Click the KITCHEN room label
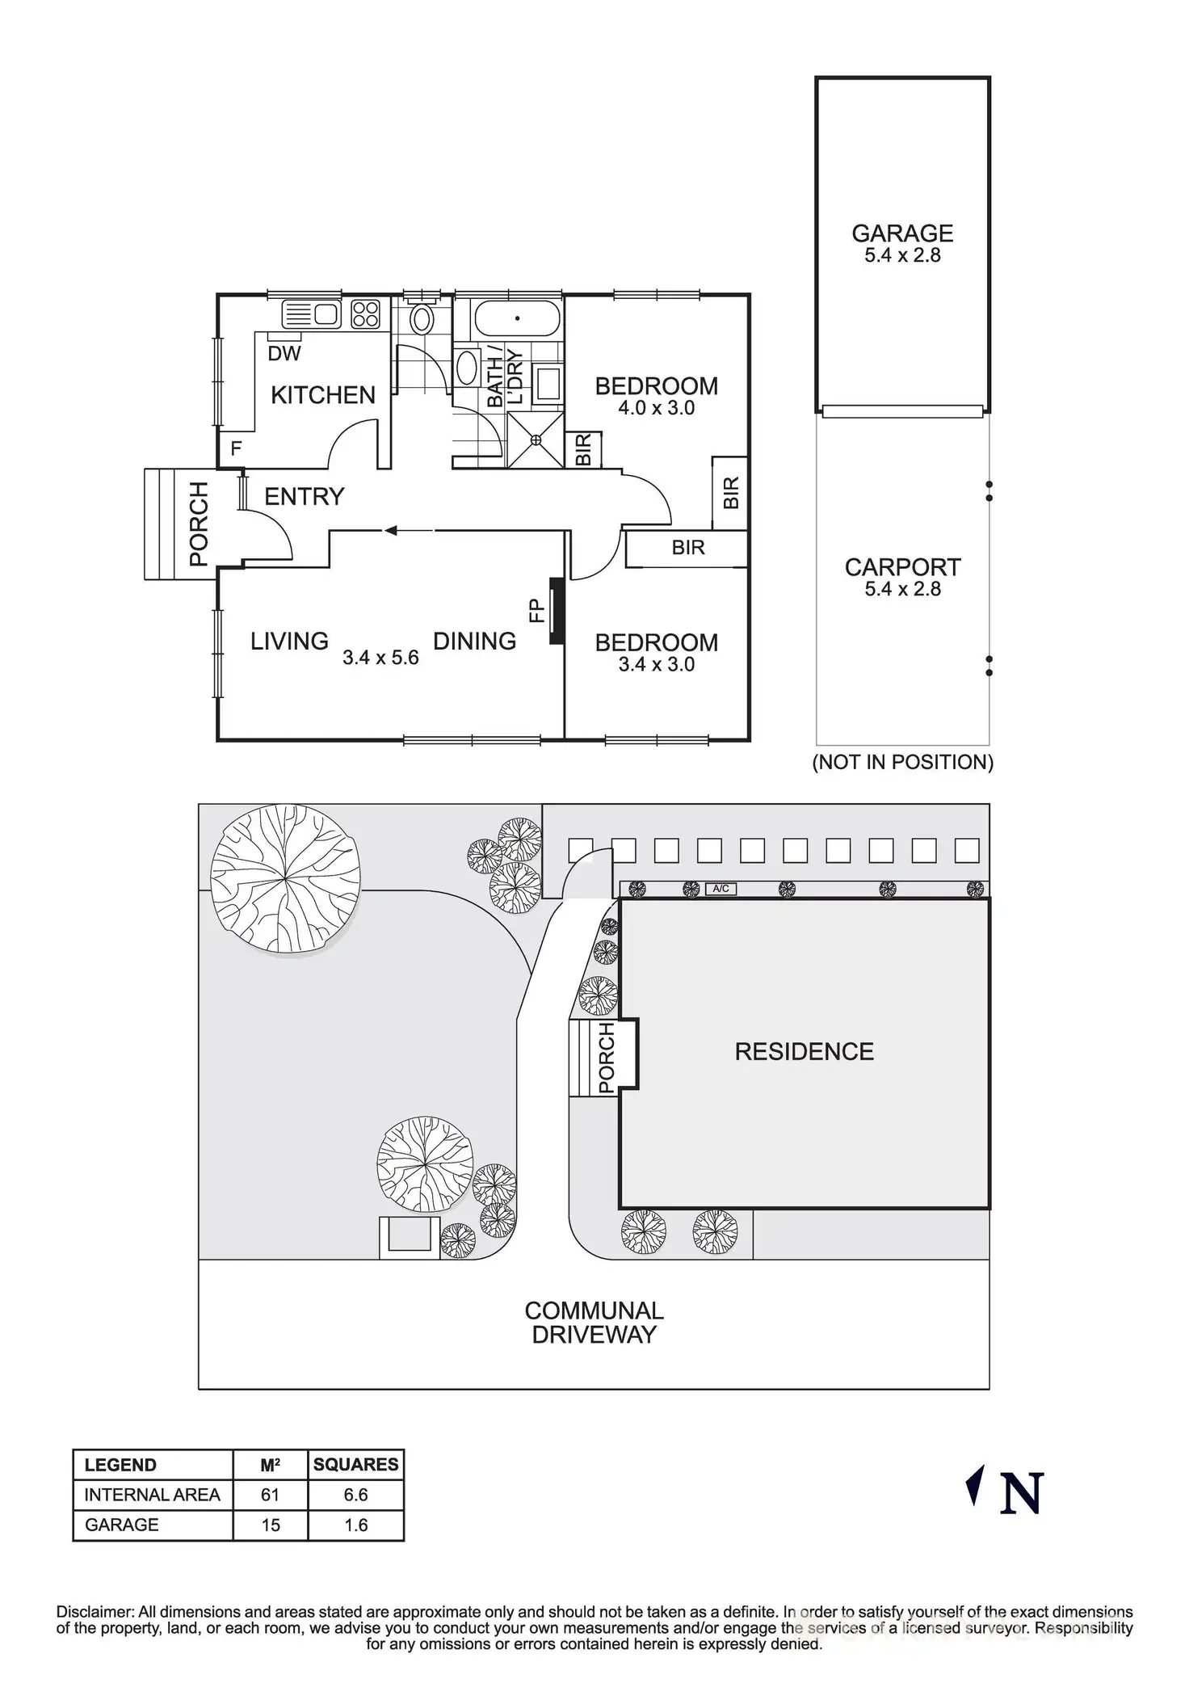tap(322, 395)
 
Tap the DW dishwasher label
tap(284, 353)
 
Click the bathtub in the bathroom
tap(517, 318)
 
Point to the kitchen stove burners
tap(366, 313)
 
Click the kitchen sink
tap(312, 313)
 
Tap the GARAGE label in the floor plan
tap(902, 234)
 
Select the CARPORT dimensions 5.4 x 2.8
tap(902, 589)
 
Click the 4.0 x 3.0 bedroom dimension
tap(656, 408)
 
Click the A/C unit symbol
tap(721, 889)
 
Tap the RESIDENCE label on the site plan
tap(804, 1051)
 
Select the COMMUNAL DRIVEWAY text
tap(594, 1322)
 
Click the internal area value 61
tap(270, 1495)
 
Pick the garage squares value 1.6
tap(355, 1525)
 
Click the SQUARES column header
tap(355, 1465)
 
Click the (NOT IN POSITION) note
tap(902, 762)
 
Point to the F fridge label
tap(236, 448)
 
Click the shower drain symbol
tap(536, 440)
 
